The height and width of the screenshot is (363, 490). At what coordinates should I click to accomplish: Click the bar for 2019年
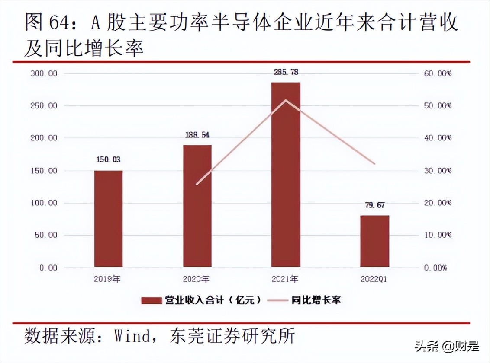(108, 219)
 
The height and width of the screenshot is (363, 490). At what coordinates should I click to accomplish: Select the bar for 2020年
(197, 206)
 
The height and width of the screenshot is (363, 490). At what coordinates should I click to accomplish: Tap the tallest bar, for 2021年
(286, 175)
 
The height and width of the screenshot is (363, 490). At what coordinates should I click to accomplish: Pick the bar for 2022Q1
(374, 241)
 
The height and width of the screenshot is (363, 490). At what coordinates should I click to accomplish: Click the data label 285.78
(286, 72)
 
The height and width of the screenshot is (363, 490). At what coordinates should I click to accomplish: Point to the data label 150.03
(108, 160)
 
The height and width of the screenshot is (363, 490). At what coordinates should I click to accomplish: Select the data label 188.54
(197, 135)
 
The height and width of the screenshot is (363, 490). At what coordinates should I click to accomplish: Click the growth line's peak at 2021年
(286, 100)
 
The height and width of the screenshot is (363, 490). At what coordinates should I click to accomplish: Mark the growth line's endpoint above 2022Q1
(375, 164)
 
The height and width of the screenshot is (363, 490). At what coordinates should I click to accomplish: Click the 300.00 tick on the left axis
(44, 73)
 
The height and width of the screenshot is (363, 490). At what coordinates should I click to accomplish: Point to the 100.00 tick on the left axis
(44, 203)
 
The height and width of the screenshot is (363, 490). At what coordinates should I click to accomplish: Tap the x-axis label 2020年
(197, 279)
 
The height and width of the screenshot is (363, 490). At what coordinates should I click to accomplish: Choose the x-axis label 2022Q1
(374, 279)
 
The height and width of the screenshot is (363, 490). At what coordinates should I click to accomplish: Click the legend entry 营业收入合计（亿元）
(201, 300)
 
